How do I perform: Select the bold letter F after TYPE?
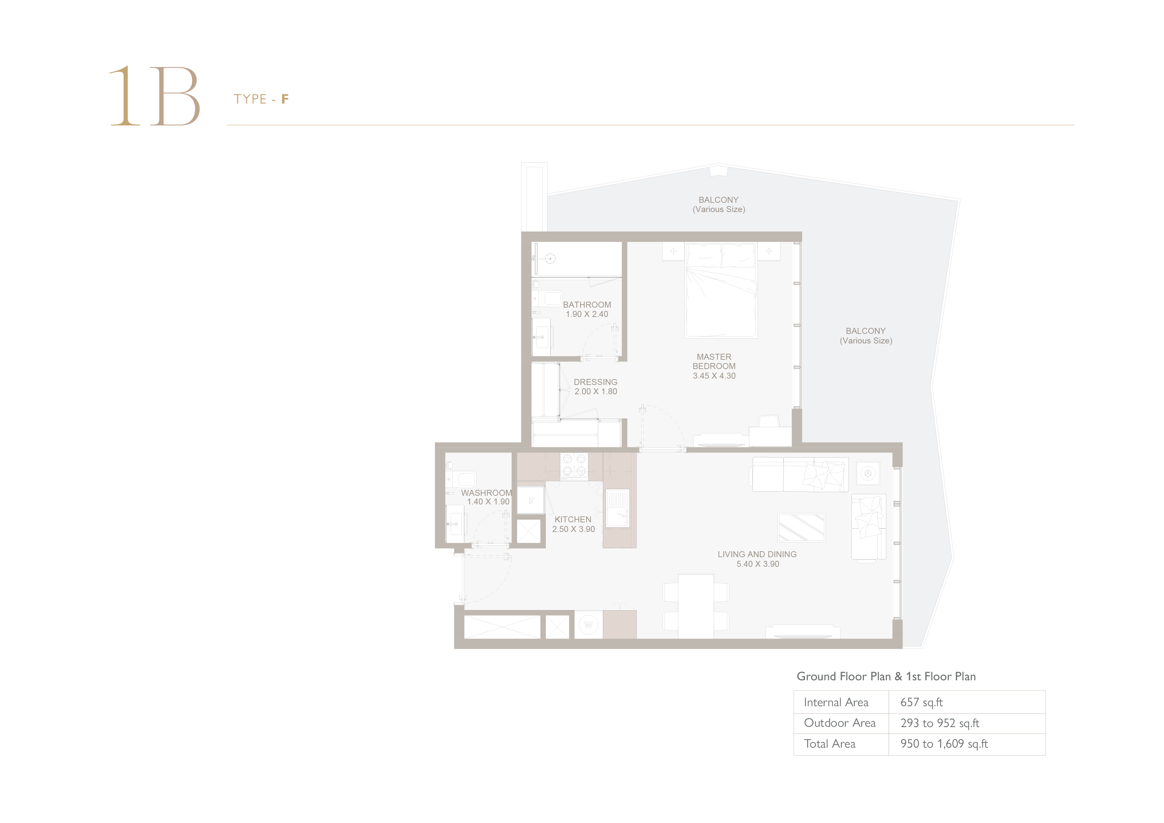click(285, 99)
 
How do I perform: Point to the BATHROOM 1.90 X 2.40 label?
click(587, 309)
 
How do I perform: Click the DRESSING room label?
click(596, 386)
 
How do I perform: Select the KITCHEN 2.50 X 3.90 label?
click(573, 524)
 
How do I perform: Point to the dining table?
click(696, 606)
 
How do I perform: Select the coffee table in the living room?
click(802, 527)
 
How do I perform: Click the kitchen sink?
click(618, 508)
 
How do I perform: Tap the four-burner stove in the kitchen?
click(574, 466)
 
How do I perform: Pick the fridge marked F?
click(531, 500)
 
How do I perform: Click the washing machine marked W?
click(588, 625)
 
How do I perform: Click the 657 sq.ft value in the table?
click(922, 702)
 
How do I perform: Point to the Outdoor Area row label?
click(839, 723)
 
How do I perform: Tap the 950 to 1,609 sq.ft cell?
click(944, 744)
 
